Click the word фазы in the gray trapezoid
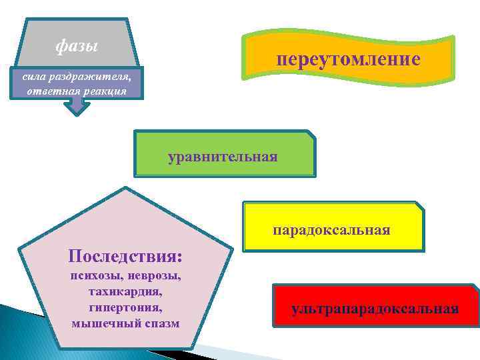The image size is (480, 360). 76,47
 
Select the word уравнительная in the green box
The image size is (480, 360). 223,157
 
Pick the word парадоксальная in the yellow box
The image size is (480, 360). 331,231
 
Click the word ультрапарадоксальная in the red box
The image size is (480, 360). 375,309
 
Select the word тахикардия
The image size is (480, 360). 126,292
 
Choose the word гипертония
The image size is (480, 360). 125,308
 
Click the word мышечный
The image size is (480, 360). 102,324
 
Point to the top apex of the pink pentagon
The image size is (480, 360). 125,189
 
